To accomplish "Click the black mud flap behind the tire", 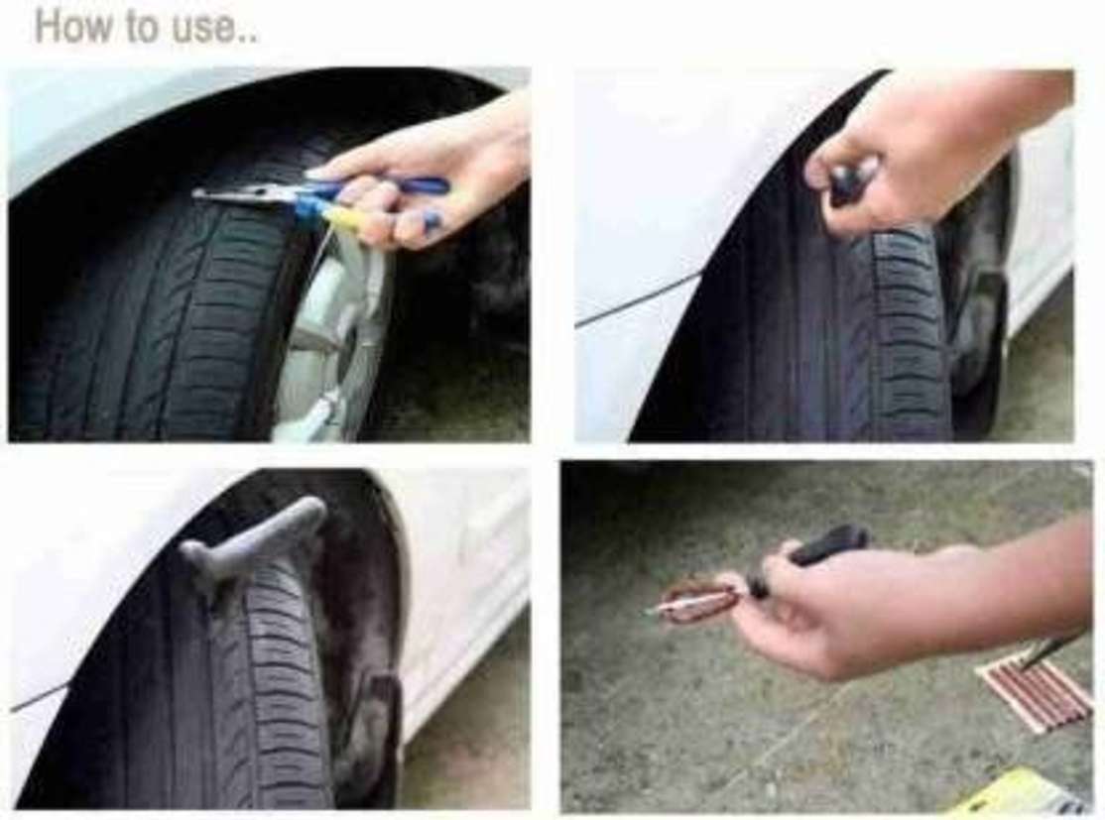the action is pos(384,740).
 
